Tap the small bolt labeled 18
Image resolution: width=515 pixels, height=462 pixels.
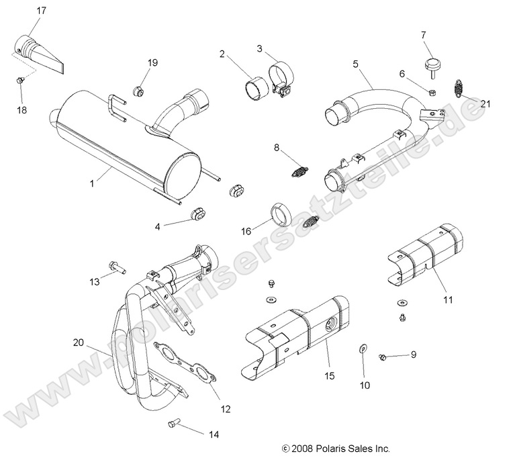tap(21, 81)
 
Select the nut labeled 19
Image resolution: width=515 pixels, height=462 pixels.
tap(139, 89)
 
